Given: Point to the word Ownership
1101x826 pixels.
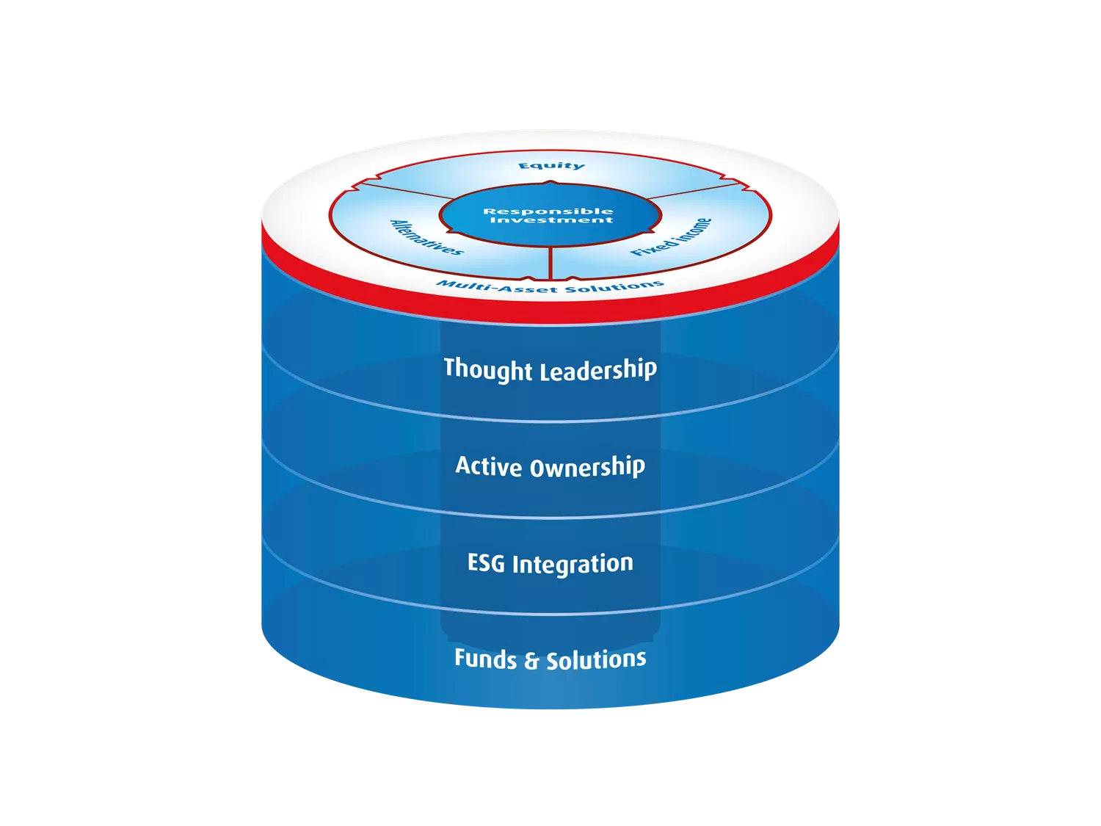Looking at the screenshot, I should click(587, 468).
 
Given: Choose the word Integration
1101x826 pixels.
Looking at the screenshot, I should click(573, 565).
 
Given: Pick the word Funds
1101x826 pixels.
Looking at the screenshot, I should click(485, 659).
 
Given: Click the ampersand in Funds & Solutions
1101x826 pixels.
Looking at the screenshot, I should click(531, 661).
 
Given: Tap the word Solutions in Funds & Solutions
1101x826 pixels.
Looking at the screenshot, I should click(596, 659).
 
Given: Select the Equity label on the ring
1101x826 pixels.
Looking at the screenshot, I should click(551, 166).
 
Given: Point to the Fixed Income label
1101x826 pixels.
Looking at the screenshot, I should click(671, 237).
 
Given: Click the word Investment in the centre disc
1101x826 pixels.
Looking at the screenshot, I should click(551, 220).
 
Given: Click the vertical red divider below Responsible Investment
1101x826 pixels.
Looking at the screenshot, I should click(550, 263).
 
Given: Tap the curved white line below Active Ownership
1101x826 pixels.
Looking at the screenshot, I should click(550, 518).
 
